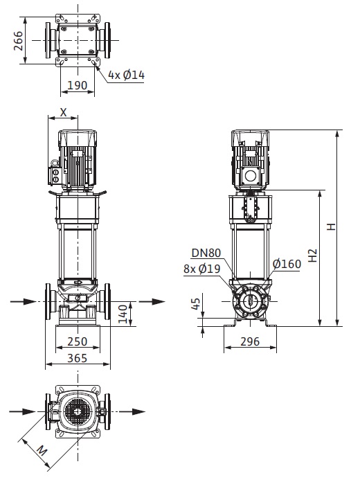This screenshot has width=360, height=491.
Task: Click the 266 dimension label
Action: coord(19,40)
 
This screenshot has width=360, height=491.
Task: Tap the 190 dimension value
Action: coord(78,85)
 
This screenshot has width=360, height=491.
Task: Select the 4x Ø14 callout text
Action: coord(127,75)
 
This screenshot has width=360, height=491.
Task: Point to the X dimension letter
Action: coord(63,112)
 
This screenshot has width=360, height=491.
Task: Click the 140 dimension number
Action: coord(123,314)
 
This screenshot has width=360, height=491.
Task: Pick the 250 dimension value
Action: coord(78,341)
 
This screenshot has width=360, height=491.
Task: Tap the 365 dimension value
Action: coord(78,358)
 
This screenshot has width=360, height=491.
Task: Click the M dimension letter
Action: coord(42,451)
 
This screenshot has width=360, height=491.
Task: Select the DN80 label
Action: coord(206,253)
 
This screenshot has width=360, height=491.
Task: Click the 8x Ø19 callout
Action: coord(202,269)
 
